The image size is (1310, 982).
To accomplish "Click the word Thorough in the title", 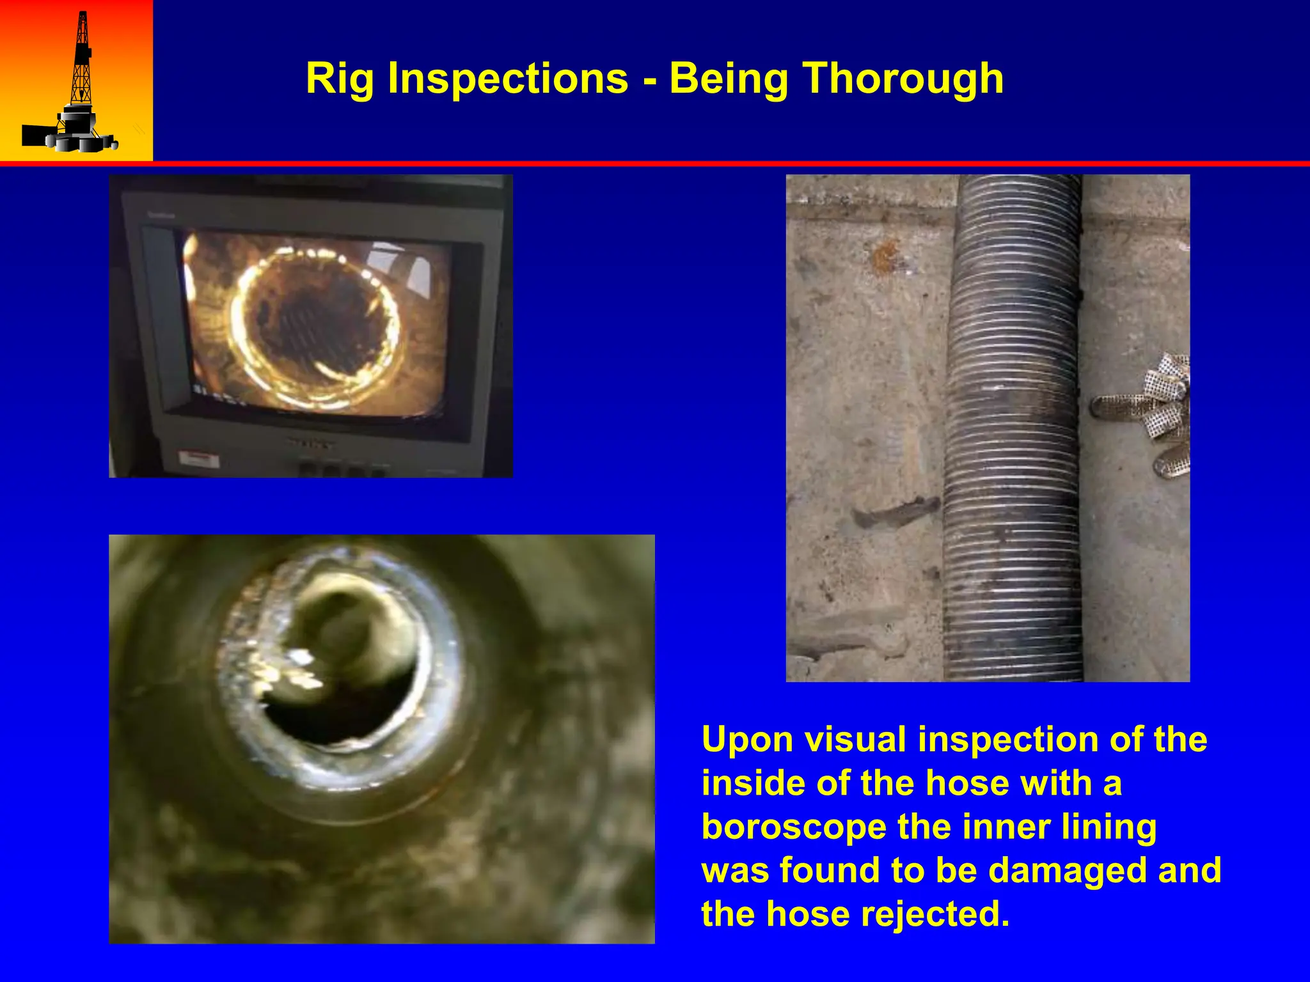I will pyautogui.click(x=903, y=79).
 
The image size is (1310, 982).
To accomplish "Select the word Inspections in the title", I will pyautogui.click(x=509, y=79).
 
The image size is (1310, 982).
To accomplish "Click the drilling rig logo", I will pyautogui.click(x=75, y=83).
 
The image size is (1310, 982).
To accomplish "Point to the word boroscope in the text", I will pyautogui.click(x=794, y=827).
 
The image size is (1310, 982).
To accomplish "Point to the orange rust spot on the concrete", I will pyautogui.click(x=887, y=256).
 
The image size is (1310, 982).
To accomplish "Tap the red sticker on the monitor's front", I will pyautogui.click(x=198, y=458).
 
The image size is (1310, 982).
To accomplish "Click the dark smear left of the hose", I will pyautogui.click(x=896, y=511).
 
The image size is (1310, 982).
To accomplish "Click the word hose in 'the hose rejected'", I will pyautogui.click(x=808, y=914).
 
